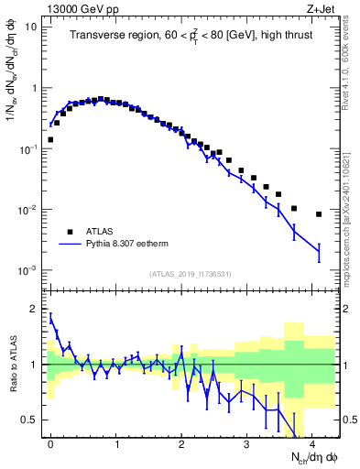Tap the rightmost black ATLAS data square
click(x=319, y=214)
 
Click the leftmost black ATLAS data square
click(x=50, y=140)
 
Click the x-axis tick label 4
click(x=312, y=443)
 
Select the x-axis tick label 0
click(x=50, y=443)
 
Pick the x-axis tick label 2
click(x=181, y=443)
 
